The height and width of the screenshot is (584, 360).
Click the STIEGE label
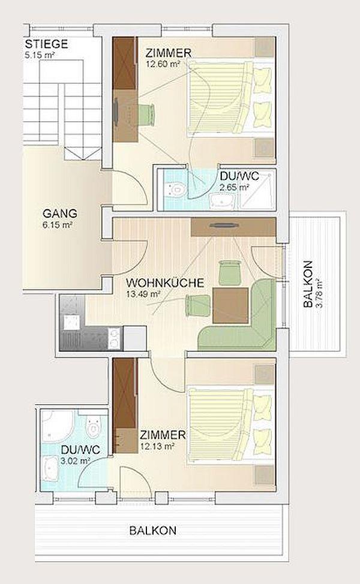pyautogui.click(x=46, y=44)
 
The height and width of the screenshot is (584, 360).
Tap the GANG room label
pyautogui.click(x=60, y=213)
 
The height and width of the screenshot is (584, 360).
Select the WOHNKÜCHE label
pyautogui.click(x=165, y=282)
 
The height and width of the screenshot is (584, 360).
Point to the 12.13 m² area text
pyautogui.click(x=157, y=446)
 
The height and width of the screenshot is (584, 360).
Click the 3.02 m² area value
pyautogui.click(x=76, y=460)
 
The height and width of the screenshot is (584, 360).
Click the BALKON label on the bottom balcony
pyautogui.click(x=153, y=531)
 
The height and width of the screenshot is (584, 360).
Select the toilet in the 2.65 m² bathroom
pyautogui.click(x=175, y=189)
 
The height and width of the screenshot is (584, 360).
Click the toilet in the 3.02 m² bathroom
pyautogui.click(x=93, y=425)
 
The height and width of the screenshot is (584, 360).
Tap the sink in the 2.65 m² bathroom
pyautogui.click(x=223, y=200)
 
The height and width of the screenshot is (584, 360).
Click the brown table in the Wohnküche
pyautogui.click(x=230, y=305)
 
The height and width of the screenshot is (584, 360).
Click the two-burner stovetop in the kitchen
pyautogui.click(x=115, y=338)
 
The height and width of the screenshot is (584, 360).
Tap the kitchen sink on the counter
pyautogui.click(x=71, y=322)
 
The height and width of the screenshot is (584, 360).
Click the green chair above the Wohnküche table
pyautogui.click(x=230, y=272)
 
